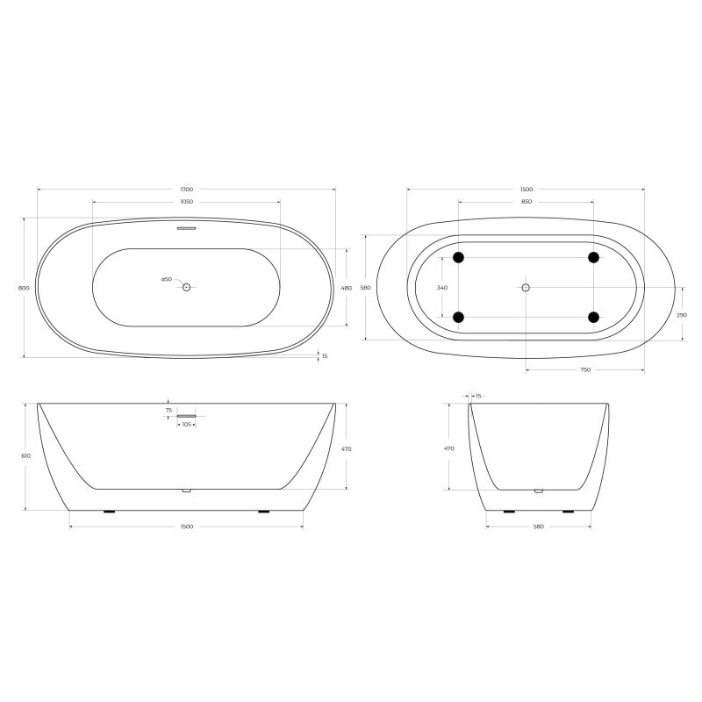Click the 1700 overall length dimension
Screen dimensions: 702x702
click(x=186, y=190)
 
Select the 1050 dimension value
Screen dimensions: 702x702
click(x=186, y=202)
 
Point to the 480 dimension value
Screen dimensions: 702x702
click(x=346, y=288)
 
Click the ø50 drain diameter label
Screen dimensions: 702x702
click(x=166, y=280)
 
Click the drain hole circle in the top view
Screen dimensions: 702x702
click(x=186, y=287)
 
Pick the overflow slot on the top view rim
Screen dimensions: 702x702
click(x=186, y=229)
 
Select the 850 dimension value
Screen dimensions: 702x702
click(x=526, y=202)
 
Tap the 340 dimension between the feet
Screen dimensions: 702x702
click(x=442, y=288)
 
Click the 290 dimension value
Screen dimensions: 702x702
click(x=682, y=314)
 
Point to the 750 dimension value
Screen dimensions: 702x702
click(x=584, y=370)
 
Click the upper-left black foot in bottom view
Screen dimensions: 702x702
click(x=457, y=257)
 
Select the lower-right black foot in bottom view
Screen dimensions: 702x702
click(x=594, y=317)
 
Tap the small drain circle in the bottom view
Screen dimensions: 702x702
click(x=526, y=287)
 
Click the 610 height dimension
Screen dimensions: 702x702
click(x=26, y=456)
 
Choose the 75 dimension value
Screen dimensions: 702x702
click(x=168, y=410)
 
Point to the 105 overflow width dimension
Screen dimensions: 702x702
click(x=186, y=426)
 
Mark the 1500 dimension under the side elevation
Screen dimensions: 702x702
click(x=186, y=526)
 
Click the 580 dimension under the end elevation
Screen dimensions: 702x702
click(x=538, y=526)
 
